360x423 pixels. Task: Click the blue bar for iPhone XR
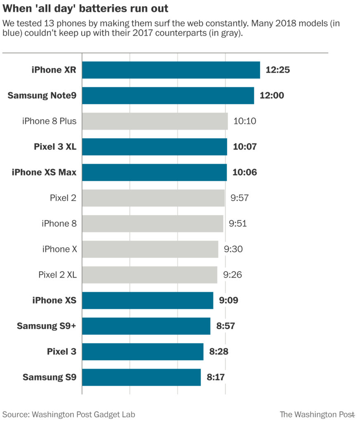coord(171,70)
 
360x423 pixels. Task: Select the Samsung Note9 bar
coord(168,95)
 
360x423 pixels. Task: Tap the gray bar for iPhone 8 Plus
coord(155,121)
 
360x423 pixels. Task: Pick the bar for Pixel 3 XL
coord(154,147)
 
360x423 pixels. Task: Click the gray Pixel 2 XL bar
coord(149,275)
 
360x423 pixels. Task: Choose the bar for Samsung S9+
coord(146,326)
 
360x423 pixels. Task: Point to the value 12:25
coord(278,70)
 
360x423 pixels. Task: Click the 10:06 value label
coord(245,172)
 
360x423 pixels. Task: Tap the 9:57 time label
coord(240,198)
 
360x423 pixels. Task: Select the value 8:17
coord(216,377)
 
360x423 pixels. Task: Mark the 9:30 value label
coord(233,249)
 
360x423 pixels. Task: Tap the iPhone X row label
coord(59,249)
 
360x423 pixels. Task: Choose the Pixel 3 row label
coord(62,352)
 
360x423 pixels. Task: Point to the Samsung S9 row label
coord(50,377)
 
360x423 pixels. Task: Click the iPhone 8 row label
coord(59,223)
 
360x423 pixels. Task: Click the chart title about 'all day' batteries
coord(85,8)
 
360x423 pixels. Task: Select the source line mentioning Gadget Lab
coord(69,414)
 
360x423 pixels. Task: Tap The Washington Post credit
coord(317,414)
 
